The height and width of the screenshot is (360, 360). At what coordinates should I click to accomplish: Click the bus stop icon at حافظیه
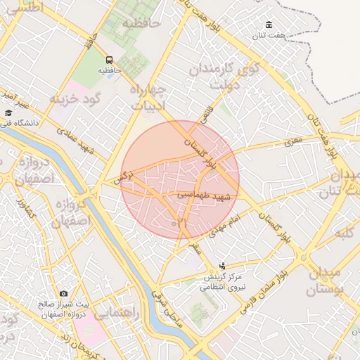[109, 60]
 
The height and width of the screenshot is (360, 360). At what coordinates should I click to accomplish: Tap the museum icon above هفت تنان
[269, 25]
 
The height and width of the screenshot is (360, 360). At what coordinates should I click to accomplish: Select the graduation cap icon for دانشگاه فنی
[8, 112]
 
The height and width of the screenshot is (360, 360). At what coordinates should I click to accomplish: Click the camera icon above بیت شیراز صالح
[64, 293]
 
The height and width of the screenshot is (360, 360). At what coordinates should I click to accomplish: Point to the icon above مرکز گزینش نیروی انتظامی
[223, 266]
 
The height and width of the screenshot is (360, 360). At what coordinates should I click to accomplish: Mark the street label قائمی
[207, 115]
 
